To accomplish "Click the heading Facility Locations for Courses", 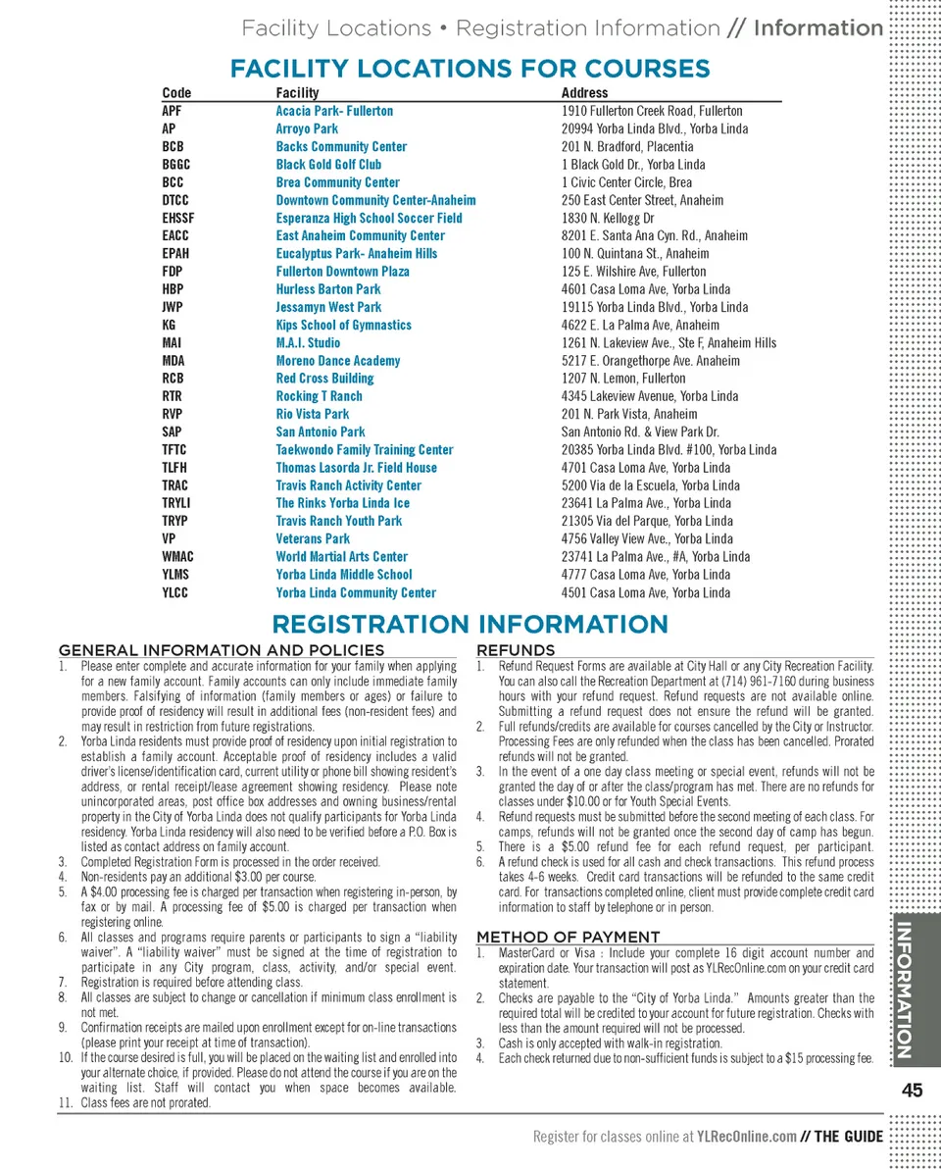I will click(x=470, y=69).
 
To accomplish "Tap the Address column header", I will click(x=584, y=93).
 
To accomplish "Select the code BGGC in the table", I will click(x=176, y=165).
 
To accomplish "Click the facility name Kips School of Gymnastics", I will click(x=343, y=325).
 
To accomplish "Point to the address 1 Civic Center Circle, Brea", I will click(x=626, y=182).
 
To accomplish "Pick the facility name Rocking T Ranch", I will click(x=319, y=396).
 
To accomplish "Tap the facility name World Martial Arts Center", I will click(x=341, y=556).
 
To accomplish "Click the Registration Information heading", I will click(x=470, y=625).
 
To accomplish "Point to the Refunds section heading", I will click(x=516, y=650).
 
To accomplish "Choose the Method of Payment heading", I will click(x=568, y=938).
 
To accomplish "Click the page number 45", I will click(x=912, y=1091).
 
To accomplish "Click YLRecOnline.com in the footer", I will click(x=746, y=1137).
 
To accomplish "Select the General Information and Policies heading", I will click(x=222, y=650).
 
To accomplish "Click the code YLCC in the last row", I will click(x=175, y=592).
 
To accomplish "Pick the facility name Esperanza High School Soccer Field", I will click(x=369, y=218).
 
